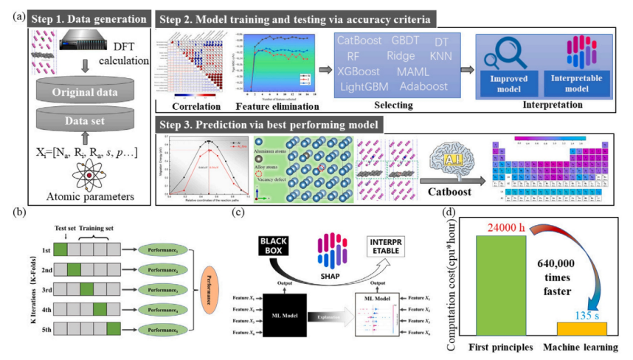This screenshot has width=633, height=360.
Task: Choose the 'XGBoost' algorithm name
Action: click(x=360, y=72)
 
